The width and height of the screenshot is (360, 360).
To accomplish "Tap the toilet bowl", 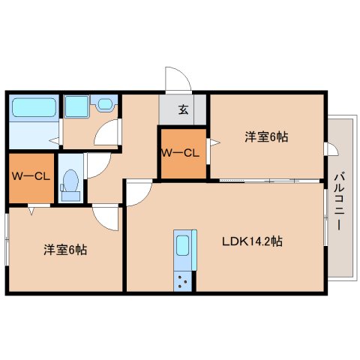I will (70, 182).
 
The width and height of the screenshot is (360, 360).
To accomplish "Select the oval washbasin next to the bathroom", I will (104, 105).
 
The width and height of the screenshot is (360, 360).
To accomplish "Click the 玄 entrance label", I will (183, 110).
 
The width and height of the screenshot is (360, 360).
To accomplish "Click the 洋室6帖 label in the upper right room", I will (266, 137).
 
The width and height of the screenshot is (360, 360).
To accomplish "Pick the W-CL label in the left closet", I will (31, 177).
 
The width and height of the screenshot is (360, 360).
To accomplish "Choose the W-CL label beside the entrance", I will (180, 154).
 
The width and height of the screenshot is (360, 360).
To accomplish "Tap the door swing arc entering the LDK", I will (137, 193).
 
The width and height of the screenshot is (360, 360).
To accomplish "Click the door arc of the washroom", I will (109, 133).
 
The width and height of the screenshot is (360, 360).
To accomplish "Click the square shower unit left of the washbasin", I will (75, 106).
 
